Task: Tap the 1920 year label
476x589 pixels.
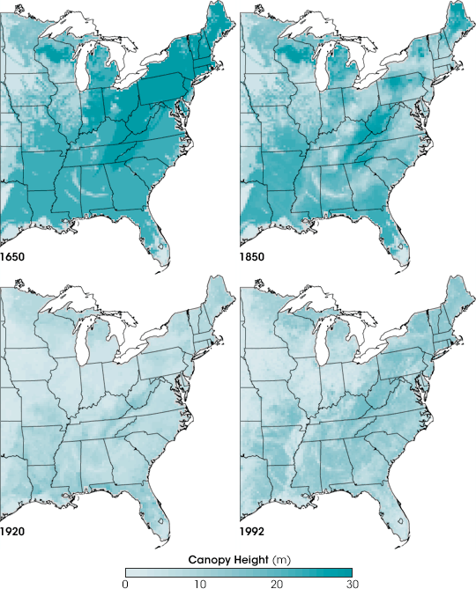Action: pyautogui.click(x=13, y=534)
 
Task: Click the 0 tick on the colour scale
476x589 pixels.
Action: pyautogui.click(x=126, y=583)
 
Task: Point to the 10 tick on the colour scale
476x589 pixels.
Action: pyautogui.click(x=201, y=583)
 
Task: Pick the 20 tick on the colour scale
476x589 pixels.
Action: pyautogui.click(x=276, y=583)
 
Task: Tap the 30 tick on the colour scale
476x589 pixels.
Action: pyautogui.click(x=352, y=583)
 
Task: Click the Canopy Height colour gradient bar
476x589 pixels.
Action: pyautogui.click(x=238, y=571)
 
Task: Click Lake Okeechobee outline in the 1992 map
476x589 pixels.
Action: pyautogui.click(x=402, y=521)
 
